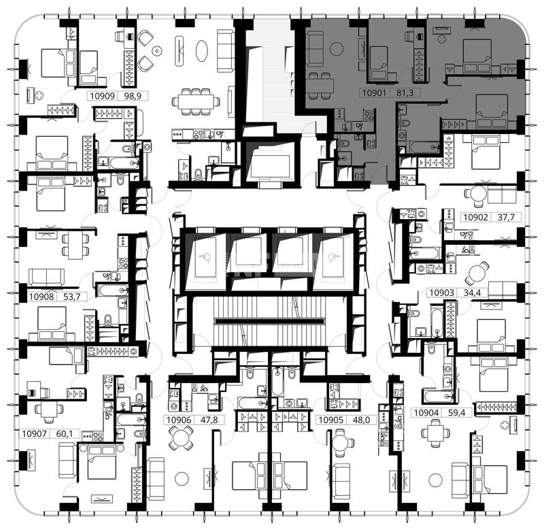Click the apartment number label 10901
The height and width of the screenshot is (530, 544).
374,93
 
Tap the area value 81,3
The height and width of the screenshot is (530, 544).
405,93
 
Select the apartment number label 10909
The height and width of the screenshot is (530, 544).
103,96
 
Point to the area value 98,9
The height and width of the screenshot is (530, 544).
133,96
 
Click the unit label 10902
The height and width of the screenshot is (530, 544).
475,217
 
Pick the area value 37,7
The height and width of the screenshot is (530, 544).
506,217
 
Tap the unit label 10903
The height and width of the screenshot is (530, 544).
441,293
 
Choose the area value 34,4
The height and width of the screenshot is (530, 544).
472,293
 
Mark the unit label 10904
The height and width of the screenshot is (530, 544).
426,413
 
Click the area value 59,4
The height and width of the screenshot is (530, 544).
456,413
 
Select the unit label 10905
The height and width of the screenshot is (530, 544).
330,420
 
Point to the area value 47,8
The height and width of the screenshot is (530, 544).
209,420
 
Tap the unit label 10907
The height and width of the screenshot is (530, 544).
34,433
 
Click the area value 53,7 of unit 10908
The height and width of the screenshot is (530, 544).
72,297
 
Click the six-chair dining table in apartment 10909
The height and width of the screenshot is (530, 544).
196,101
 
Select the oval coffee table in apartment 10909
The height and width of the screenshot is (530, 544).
201,51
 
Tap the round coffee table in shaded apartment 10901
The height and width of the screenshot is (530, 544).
337,49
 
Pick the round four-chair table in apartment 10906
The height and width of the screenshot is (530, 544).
181,438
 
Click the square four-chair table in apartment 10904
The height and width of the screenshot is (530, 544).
436,433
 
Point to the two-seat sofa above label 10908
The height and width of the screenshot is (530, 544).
46,278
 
